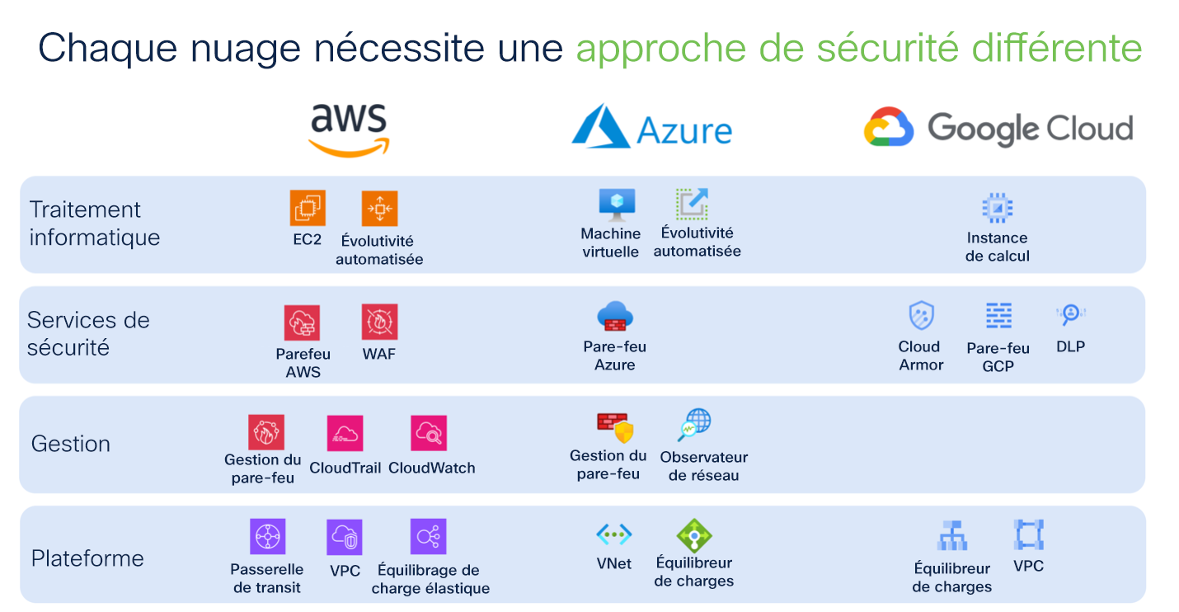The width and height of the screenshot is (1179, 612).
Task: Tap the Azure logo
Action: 651,128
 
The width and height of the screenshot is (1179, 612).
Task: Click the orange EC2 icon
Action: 308,208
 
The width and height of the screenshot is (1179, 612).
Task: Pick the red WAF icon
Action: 379,322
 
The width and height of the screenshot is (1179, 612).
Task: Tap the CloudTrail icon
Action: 345,433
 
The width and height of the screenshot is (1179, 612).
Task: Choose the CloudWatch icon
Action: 429,433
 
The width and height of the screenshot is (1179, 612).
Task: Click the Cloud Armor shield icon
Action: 921,316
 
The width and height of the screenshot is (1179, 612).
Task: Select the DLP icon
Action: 1070,314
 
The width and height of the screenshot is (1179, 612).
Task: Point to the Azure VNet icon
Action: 614,534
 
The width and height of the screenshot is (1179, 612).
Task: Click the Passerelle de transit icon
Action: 267,536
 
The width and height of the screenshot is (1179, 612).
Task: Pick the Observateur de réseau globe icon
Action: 694,425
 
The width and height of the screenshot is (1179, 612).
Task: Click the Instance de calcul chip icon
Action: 997,209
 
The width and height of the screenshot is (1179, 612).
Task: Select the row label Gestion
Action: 71,444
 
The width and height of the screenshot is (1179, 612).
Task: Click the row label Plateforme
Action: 87,558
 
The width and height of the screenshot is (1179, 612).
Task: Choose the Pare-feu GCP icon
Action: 998,316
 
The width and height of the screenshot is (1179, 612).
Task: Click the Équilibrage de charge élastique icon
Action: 428,536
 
